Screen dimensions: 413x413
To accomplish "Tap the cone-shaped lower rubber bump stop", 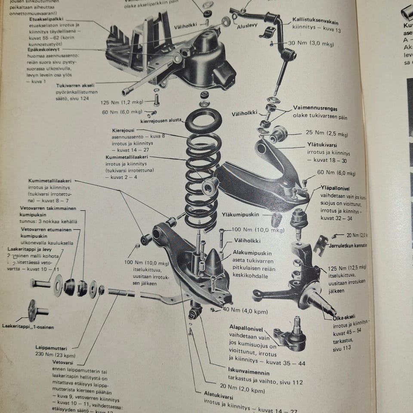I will tap(213, 261).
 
